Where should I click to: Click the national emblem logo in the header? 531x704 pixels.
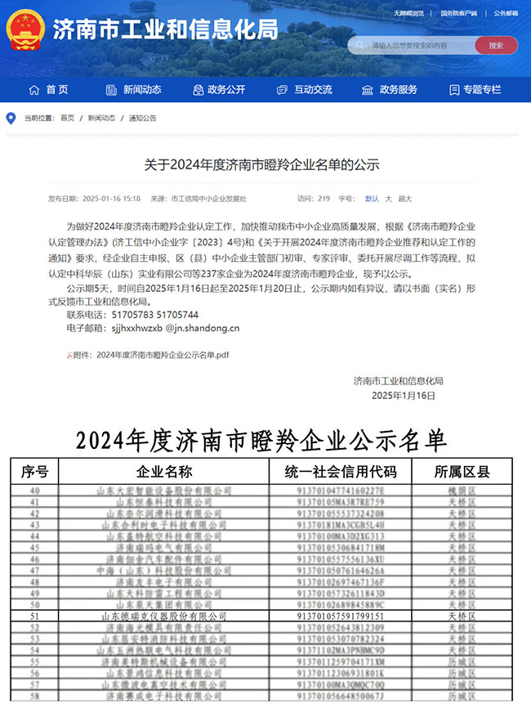(25, 30)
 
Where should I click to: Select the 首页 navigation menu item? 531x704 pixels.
(48, 89)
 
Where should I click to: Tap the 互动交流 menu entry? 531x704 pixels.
(305, 89)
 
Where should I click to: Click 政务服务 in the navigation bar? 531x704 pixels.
(390, 89)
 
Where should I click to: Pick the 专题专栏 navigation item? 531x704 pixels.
(475, 89)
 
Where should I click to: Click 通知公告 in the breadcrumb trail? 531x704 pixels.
(142, 119)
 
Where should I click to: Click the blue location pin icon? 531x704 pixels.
(11, 119)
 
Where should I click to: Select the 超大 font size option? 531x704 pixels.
(404, 199)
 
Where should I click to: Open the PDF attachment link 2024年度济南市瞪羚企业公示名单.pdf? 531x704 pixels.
(163, 355)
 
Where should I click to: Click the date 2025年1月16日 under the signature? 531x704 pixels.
(404, 395)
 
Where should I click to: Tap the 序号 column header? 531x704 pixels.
(34, 472)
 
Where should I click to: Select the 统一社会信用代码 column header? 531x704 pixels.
(340, 472)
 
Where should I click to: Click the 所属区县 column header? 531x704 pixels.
(462, 472)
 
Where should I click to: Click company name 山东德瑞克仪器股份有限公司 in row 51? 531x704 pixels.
(163, 616)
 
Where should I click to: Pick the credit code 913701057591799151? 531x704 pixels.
(340, 616)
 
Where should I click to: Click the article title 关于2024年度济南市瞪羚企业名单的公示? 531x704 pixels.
(262, 164)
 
